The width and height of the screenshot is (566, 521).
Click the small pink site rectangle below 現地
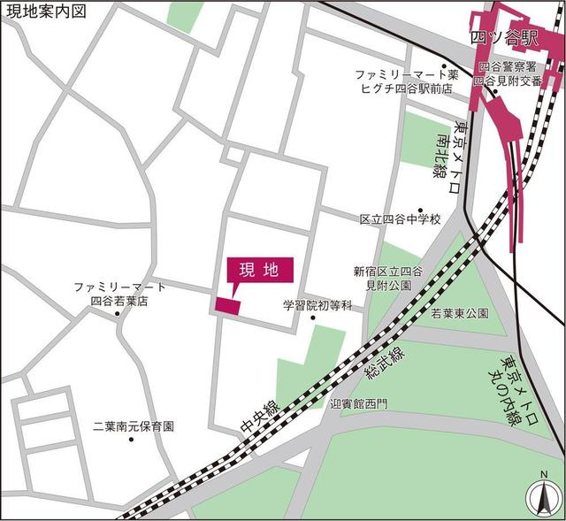pos(227,305)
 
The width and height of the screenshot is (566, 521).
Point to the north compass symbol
pos(539,498)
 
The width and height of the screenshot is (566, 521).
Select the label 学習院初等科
pos(317,305)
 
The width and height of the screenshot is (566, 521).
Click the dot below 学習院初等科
pos(313,318)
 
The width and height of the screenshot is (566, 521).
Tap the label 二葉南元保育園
pos(133,425)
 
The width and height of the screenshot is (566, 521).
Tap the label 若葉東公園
pos(459,314)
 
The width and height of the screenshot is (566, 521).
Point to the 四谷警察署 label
pos(507,66)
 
